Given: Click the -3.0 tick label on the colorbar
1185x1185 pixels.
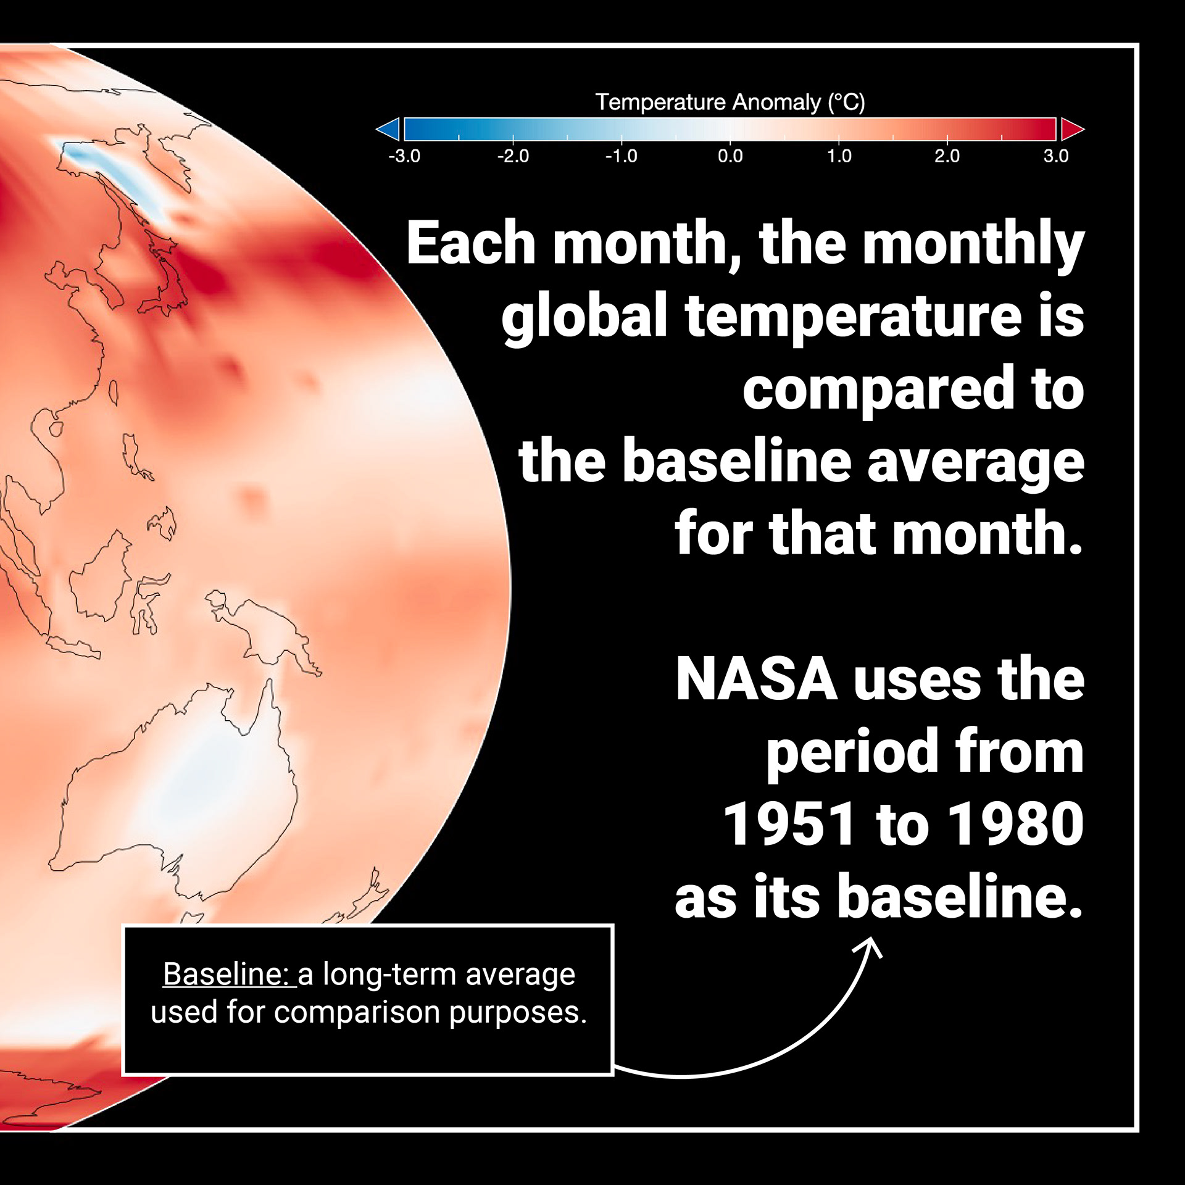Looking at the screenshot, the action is point(404,156).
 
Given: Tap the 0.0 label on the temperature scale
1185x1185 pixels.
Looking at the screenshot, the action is point(730,156).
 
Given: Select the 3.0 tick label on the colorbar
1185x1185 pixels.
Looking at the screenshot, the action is point(1056,156).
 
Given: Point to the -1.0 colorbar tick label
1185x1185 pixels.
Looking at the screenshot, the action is point(622,156).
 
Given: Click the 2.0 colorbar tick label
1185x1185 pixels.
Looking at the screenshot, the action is point(947,156).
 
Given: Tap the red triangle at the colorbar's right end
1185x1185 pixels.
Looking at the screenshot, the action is point(1071,129).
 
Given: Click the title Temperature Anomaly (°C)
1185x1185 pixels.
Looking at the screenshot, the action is point(730,102).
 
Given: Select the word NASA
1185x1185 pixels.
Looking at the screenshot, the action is point(757,680).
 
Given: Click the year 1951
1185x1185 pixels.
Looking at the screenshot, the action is point(791,825).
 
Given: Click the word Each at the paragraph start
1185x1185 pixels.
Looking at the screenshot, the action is point(471,243).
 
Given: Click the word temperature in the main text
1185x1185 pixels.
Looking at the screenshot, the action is point(854,317).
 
